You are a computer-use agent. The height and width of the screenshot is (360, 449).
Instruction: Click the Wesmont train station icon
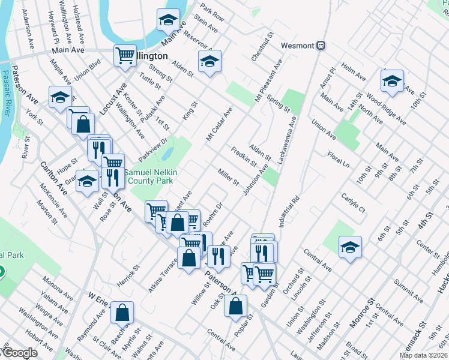pos(321,45)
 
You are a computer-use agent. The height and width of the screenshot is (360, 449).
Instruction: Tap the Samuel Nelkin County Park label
pos(149,176)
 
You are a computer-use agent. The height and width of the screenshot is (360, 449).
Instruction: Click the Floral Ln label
pos(339,160)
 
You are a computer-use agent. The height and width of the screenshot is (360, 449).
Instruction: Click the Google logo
pos(20,353)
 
